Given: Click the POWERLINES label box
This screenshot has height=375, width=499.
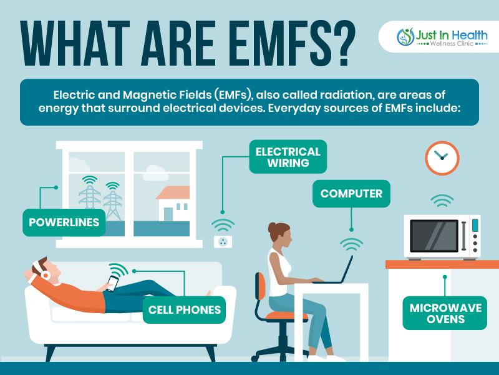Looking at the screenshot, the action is (64, 222).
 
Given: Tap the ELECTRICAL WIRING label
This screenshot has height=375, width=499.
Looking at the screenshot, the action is (288, 157).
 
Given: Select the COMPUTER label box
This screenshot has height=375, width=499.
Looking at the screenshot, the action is (351, 194).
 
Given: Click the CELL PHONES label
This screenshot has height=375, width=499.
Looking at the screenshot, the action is (184, 309).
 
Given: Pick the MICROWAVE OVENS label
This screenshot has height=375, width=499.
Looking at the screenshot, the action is (445, 313).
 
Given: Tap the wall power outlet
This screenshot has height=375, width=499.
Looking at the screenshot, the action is (223, 242).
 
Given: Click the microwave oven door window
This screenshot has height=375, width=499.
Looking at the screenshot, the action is (434, 236).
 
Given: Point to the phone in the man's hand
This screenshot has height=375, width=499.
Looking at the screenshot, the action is (112, 284).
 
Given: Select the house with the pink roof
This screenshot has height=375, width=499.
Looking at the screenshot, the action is (173, 204).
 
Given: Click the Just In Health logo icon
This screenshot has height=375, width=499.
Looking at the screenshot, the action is (405, 37).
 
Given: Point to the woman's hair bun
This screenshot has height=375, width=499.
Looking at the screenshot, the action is (271, 227).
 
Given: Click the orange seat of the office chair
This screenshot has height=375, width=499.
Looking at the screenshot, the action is (286, 316).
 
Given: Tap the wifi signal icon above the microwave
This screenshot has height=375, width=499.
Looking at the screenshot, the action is (442, 200).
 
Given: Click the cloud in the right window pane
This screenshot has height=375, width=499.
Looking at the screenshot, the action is (155, 173).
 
